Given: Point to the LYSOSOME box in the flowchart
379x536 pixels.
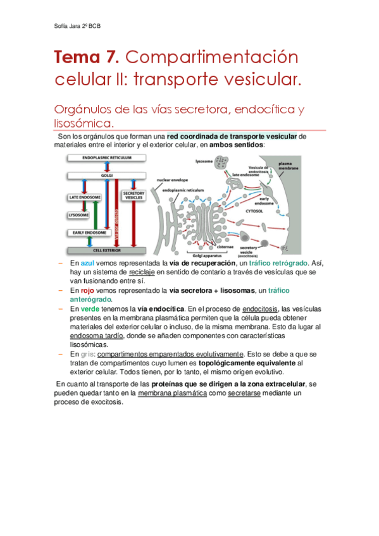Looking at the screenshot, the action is click(78, 215).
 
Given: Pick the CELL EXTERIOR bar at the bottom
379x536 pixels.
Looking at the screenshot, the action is click(107, 250).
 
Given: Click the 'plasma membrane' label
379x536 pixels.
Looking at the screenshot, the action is click(289, 167).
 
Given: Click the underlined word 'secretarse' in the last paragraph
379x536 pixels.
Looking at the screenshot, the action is click(245, 393).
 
